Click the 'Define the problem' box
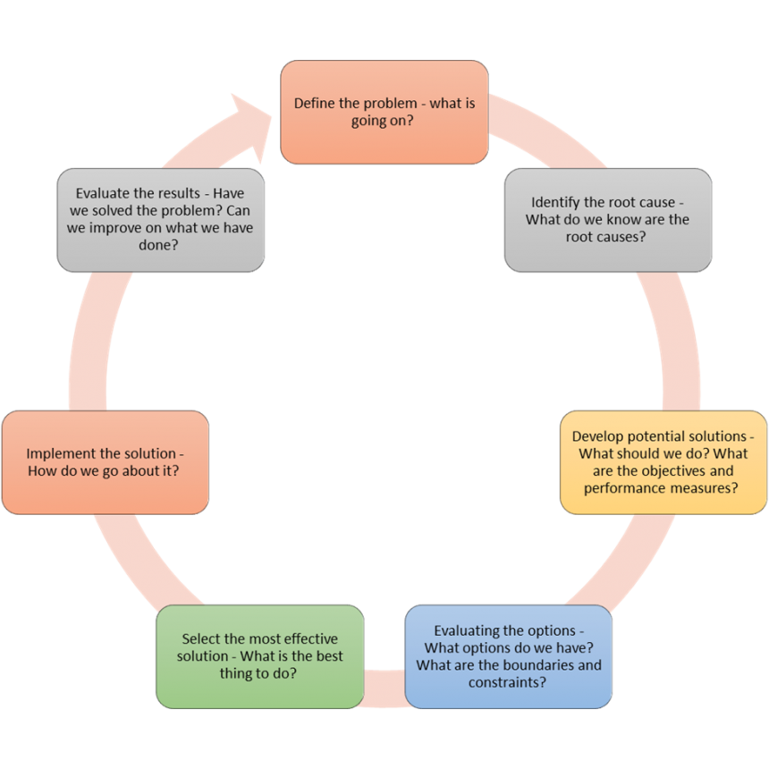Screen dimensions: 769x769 click(x=384, y=112)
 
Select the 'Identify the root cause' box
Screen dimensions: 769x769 click(x=608, y=220)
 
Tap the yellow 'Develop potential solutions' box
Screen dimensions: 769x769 click(x=663, y=462)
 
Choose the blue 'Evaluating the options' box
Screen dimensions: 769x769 click(x=508, y=656)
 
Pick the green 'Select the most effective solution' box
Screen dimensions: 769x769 click(x=259, y=656)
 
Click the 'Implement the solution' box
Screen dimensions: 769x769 click(x=105, y=462)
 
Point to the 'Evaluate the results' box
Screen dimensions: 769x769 click(x=160, y=220)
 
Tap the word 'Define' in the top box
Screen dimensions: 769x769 click(x=315, y=103)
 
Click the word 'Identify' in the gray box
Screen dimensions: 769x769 click(x=555, y=202)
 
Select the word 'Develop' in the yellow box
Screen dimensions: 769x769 click(x=598, y=436)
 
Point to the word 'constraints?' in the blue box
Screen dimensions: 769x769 click(x=508, y=682)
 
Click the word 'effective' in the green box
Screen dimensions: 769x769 click(x=309, y=638)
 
